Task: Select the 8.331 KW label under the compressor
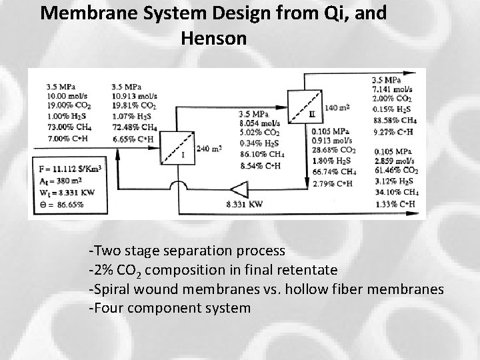pyautogui.click(x=245, y=205)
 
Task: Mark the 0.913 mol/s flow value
pyautogui.click(x=331, y=140)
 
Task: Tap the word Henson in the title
pyautogui.click(x=213, y=39)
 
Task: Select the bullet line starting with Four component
pyautogui.click(x=169, y=308)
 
